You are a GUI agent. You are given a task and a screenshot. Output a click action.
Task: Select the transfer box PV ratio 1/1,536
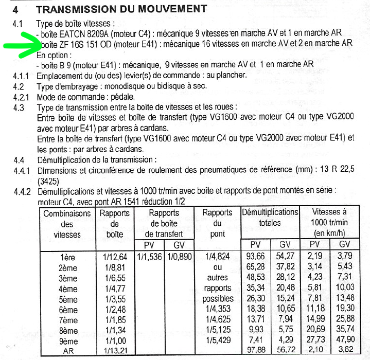tap(149, 256)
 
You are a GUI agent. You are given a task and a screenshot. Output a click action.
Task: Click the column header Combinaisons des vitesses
tap(67, 223)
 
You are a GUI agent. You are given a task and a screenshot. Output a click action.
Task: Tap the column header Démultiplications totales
tap(270, 218)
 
